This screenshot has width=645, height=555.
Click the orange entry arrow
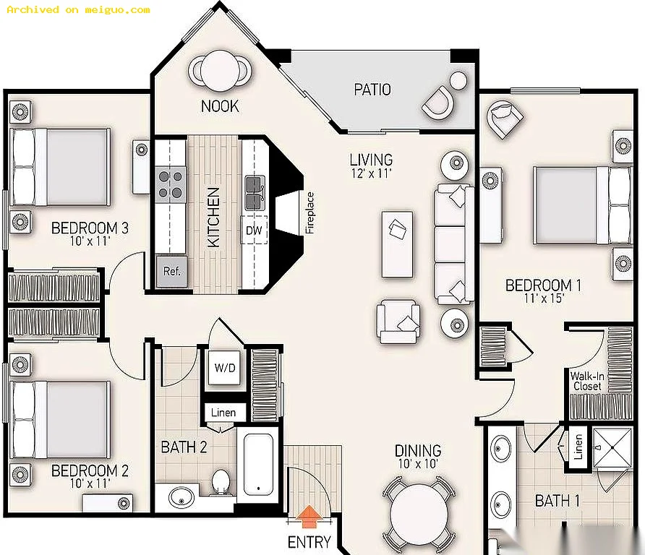309,517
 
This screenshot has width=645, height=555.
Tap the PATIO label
372,90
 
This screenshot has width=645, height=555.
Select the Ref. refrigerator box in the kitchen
172,271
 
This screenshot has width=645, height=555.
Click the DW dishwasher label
254,231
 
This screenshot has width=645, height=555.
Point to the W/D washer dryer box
225,368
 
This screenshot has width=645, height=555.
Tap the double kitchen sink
255,192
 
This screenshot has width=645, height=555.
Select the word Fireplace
309,213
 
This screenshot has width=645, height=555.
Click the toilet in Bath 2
221,481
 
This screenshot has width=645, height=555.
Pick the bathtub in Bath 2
258,465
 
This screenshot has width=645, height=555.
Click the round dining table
419,514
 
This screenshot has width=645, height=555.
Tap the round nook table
221,70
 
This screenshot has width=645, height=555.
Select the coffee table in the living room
397,244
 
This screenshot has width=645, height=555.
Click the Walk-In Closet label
587,381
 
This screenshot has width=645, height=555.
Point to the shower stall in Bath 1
612,448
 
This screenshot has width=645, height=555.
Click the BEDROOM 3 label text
90,228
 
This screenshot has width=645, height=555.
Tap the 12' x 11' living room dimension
372,173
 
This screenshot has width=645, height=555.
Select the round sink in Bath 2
181,497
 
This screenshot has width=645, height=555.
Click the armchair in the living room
398,322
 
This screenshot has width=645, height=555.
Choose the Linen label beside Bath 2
223,413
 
